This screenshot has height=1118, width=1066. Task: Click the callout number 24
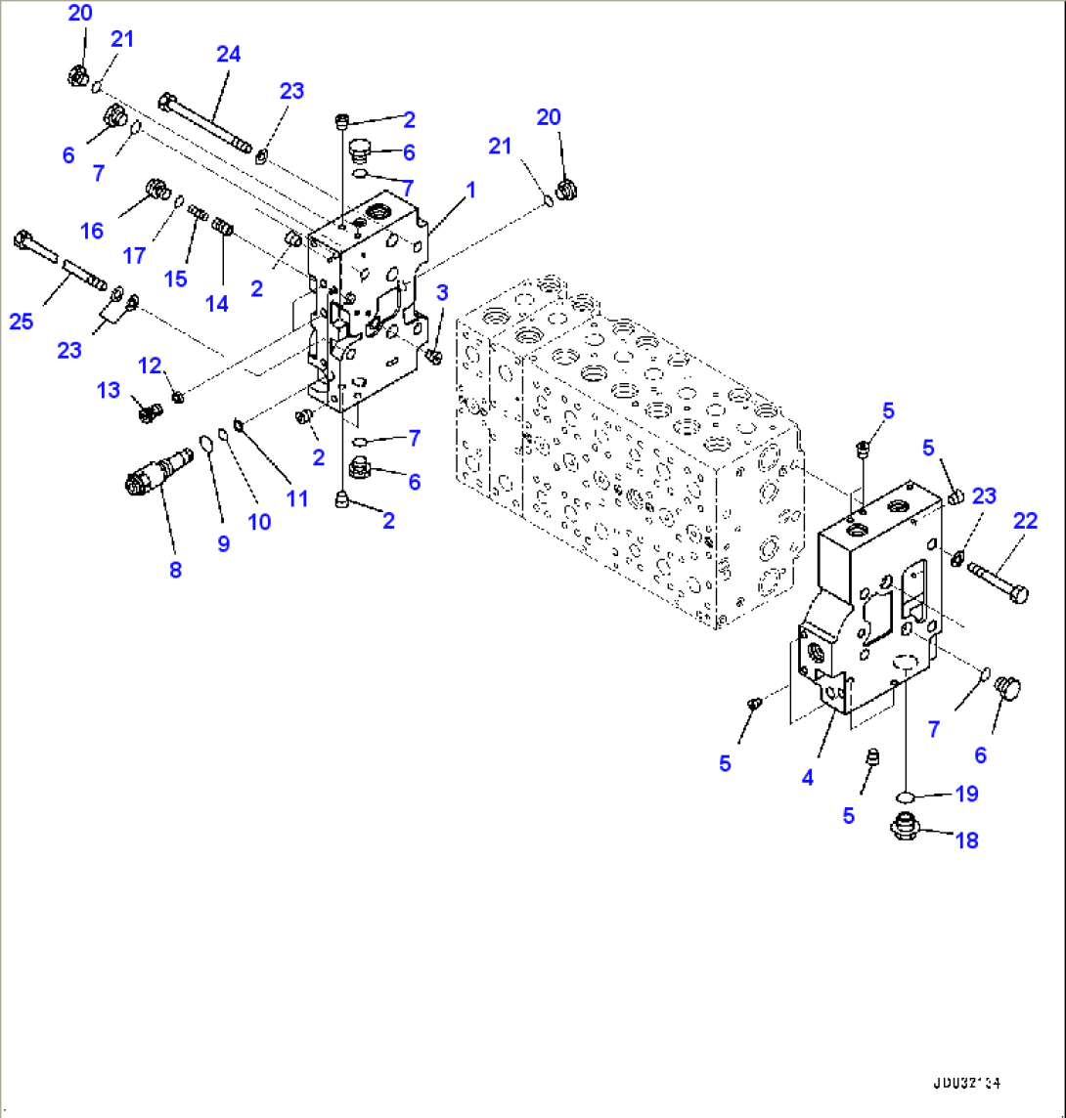tap(228, 54)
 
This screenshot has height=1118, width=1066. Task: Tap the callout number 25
tap(22, 322)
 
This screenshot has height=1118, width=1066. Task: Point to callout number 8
tap(175, 570)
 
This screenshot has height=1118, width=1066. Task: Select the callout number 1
tap(470, 190)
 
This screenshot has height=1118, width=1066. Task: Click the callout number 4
tap(807, 778)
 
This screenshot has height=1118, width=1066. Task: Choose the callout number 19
tap(965, 794)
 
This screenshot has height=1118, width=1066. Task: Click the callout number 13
tap(109, 391)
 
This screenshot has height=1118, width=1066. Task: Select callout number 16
tap(92, 231)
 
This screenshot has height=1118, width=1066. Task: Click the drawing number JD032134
tap(966, 1083)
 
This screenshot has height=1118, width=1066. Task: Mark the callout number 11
tap(296, 498)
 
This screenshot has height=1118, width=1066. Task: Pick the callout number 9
tap(223, 543)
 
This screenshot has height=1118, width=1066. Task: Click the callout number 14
tap(216, 303)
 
